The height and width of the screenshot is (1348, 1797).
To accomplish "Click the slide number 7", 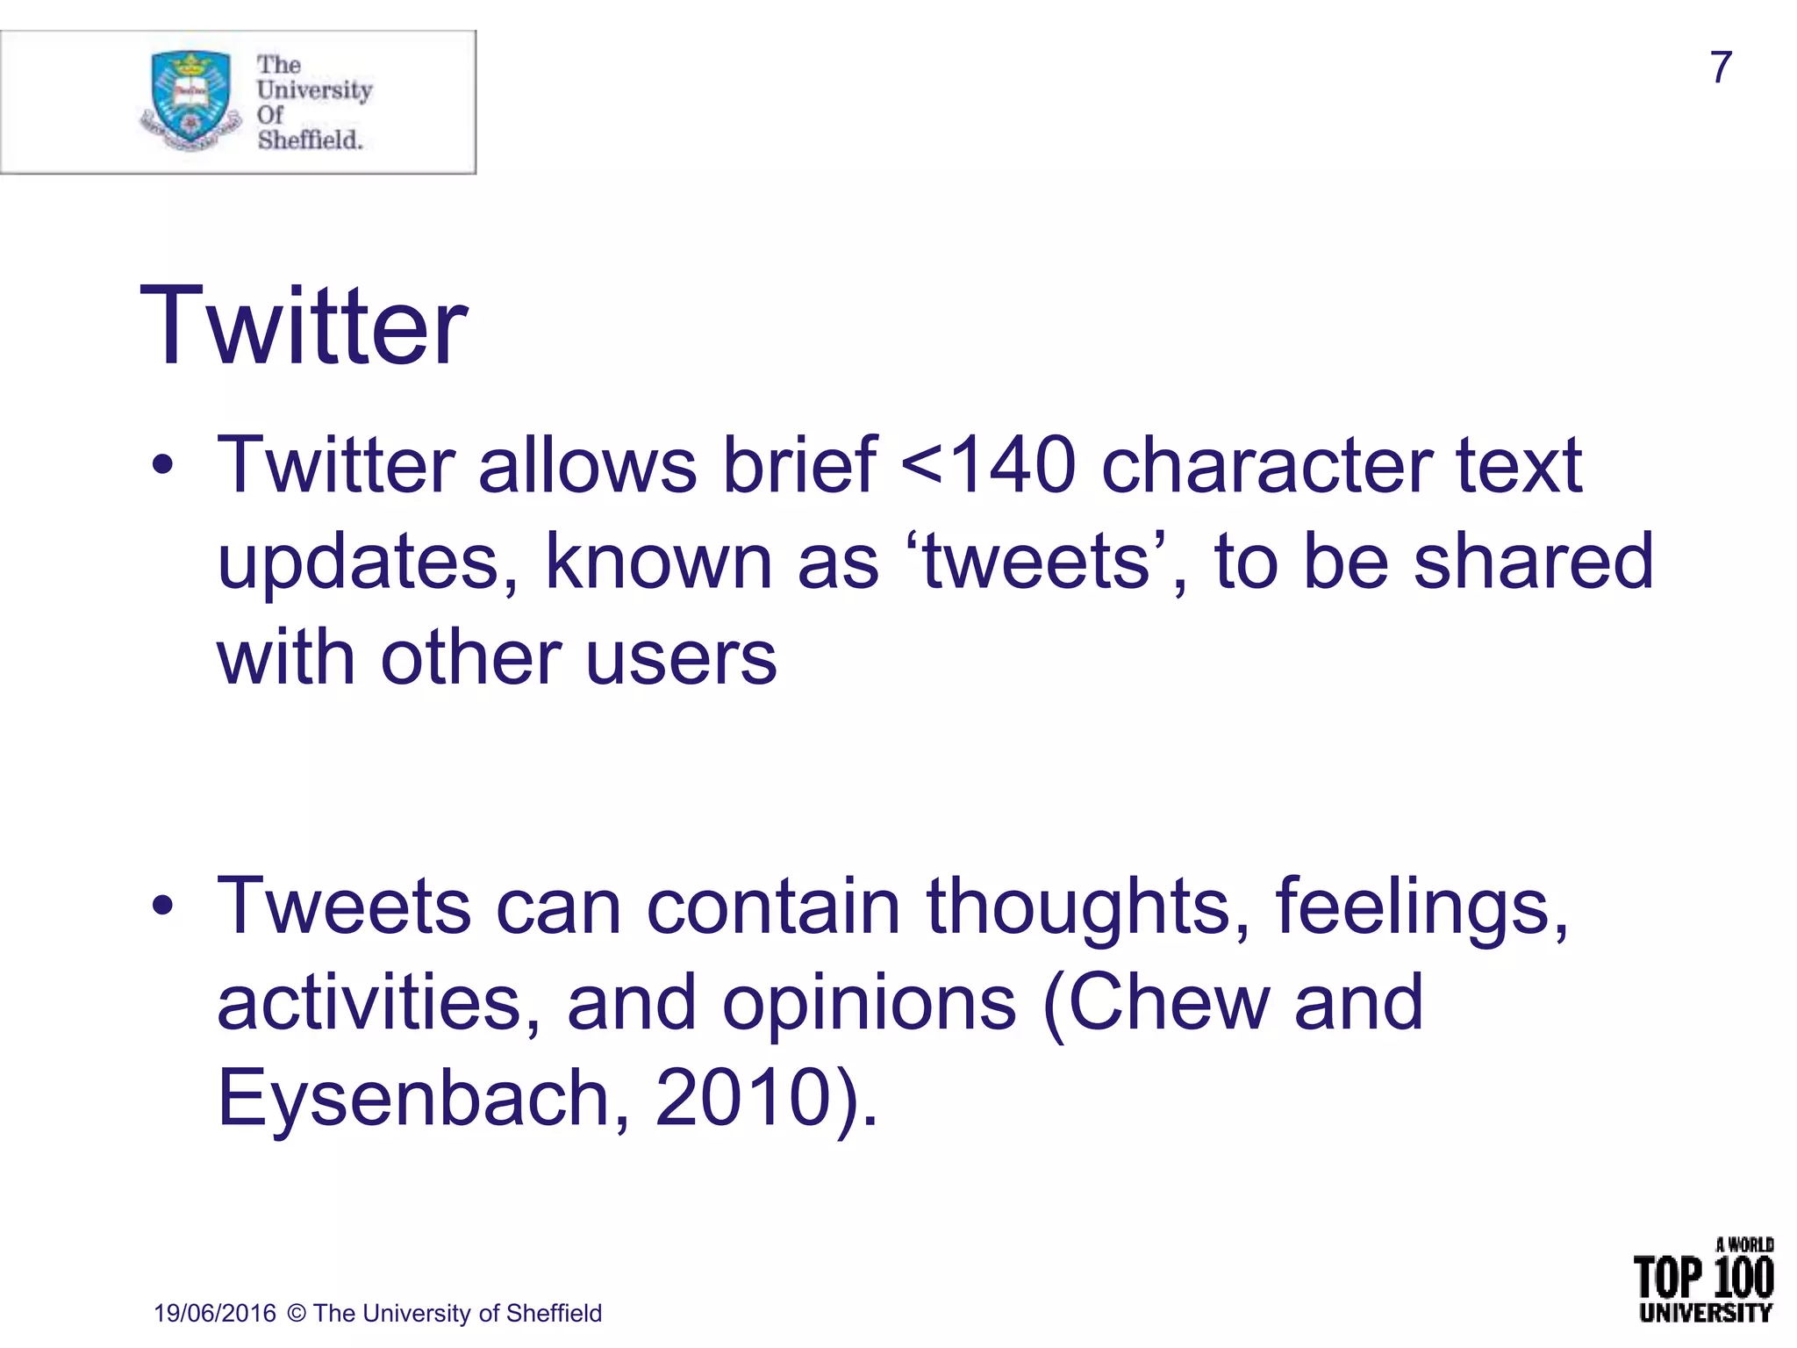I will [x=1721, y=68].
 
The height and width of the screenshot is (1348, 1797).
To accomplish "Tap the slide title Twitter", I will [x=304, y=326].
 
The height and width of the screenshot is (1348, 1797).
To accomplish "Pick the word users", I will [x=681, y=658].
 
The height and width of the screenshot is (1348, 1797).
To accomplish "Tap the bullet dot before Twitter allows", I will [x=161, y=466].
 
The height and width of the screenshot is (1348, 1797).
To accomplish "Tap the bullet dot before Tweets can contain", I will [x=161, y=906].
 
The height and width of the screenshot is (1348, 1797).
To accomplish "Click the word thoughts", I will [x=1089, y=906].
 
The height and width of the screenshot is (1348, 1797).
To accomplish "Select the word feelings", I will [x=1421, y=906].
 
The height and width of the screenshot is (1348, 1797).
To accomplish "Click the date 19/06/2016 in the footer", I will [x=215, y=1313].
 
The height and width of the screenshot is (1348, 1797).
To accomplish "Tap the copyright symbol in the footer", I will [x=297, y=1313].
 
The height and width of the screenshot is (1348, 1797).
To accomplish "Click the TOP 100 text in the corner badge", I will [x=1703, y=1278].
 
